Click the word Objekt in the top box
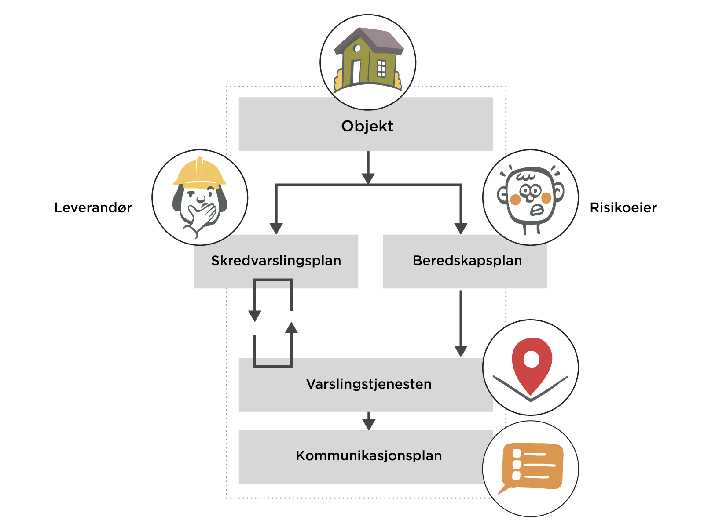click(367, 126)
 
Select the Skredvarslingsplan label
click(276, 261)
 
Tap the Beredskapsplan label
click(467, 261)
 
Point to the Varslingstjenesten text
click(369, 384)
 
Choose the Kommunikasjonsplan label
click(369, 455)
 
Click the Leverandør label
click(93, 207)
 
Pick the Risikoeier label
click(623, 207)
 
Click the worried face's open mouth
click(537, 210)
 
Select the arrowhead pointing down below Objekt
click(368, 178)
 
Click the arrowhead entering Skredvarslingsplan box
click(276, 229)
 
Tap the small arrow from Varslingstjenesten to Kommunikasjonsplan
click(369, 423)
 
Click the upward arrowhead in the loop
click(291, 327)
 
